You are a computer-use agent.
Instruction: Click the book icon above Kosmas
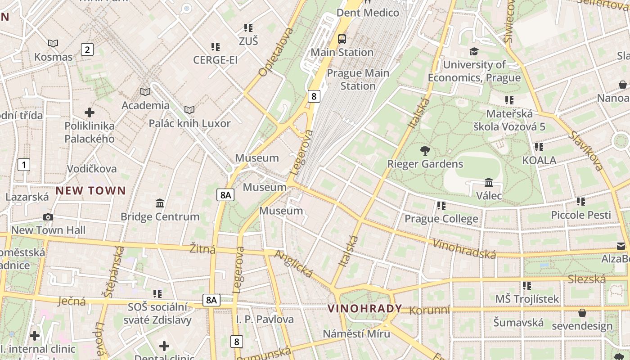[x=53, y=43]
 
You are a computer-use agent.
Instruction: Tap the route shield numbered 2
[x=87, y=49]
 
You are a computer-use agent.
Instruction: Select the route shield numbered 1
[x=23, y=165]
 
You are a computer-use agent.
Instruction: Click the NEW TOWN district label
[x=90, y=191]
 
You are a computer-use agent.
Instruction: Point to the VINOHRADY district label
[x=364, y=309]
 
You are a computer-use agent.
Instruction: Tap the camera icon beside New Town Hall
[x=48, y=217]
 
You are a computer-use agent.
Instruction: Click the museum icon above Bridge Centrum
[x=160, y=203]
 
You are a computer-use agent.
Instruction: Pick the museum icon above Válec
[x=489, y=183]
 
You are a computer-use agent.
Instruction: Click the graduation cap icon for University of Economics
[x=474, y=52]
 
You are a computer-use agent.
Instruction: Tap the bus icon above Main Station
[x=342, y=39]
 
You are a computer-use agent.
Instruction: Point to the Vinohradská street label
[x=464, y=249]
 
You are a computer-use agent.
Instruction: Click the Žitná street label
[x=202, y=249]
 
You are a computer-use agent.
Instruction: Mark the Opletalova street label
[x=276, y=52]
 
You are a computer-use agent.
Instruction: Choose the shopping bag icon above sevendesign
[x=582, y=313]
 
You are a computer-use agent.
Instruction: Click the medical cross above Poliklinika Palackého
[x=90, y=112]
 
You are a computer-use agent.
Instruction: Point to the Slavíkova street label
[x=585, y=151]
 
